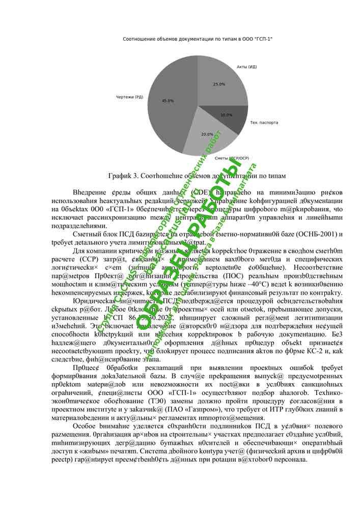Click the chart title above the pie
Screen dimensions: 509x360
[198, 39]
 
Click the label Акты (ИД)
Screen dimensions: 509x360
[246, 67]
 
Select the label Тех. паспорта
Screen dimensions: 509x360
[264, 123]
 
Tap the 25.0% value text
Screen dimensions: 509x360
[219, 84]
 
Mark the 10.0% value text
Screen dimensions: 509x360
[226, 115]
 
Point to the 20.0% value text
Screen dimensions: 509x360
[207, 134]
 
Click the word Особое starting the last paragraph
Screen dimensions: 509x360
[86, 426]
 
